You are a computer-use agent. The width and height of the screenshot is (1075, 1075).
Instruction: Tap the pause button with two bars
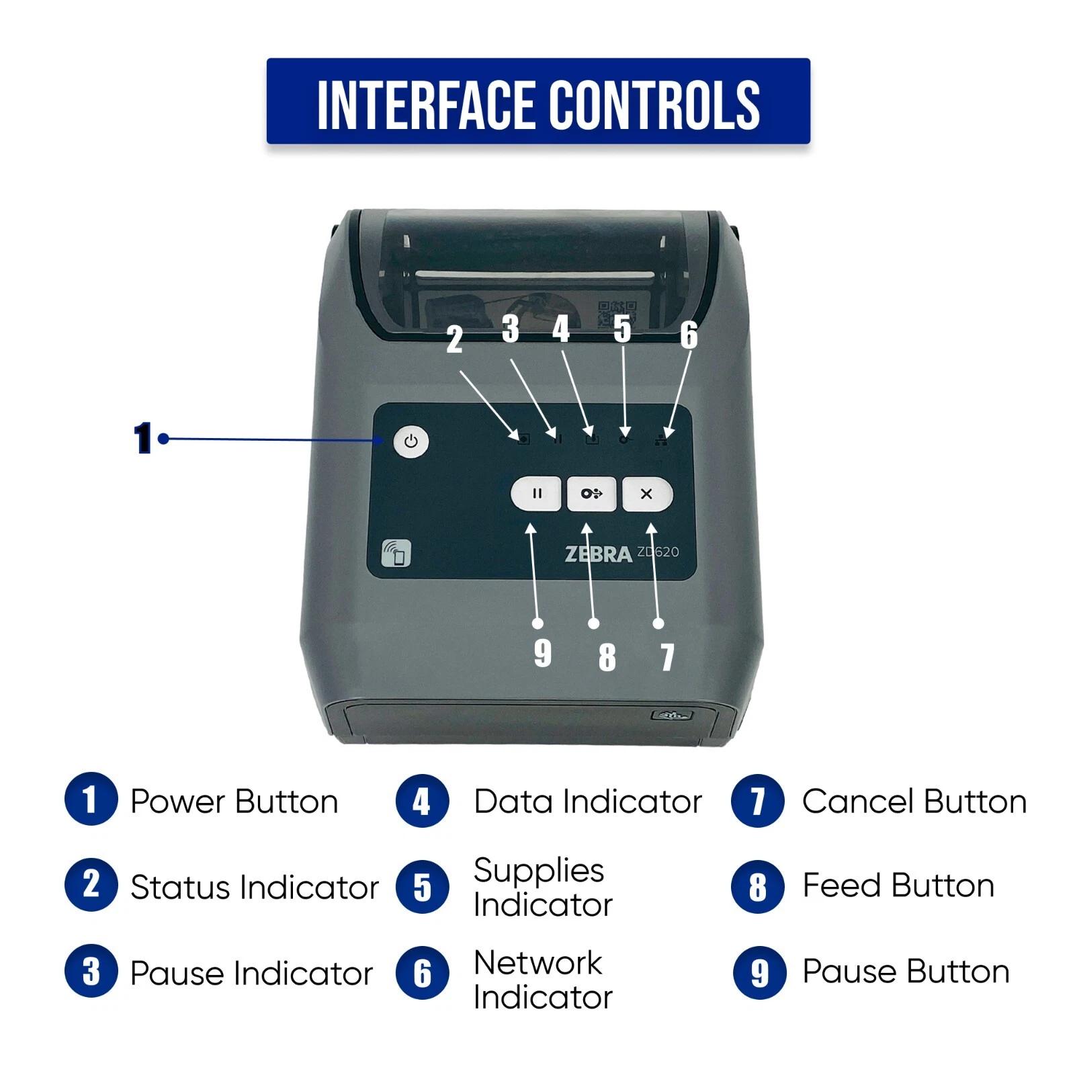click(535, 494)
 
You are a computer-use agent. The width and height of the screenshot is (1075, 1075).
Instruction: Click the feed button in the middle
click(591, 494)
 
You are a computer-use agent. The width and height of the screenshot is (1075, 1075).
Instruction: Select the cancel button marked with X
click(646, 494)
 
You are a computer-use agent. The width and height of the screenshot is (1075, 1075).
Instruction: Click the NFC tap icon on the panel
click(396, 553)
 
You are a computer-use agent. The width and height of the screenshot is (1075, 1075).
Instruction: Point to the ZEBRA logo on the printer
click(598, 554)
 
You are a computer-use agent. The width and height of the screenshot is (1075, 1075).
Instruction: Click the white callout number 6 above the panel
click(689, 335)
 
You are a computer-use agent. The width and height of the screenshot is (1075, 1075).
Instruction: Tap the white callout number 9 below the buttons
click(542, 652)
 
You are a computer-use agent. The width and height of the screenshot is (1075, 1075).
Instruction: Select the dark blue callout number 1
click(142, 439)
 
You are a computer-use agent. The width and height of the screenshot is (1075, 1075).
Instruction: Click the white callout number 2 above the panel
click(455, 340)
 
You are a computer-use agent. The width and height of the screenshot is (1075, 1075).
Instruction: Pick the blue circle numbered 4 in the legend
click(422, 801)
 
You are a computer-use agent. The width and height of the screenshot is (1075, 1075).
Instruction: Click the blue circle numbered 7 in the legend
click(757, 801)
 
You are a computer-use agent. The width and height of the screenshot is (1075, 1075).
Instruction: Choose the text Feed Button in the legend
click(898, 886)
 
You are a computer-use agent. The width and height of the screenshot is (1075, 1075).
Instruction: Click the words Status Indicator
click(254, 887)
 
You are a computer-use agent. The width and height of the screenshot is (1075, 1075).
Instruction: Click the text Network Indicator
click(542, 980)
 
